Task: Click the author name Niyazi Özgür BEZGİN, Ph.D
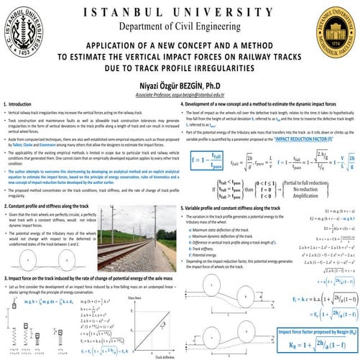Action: click(x=180, y=85)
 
